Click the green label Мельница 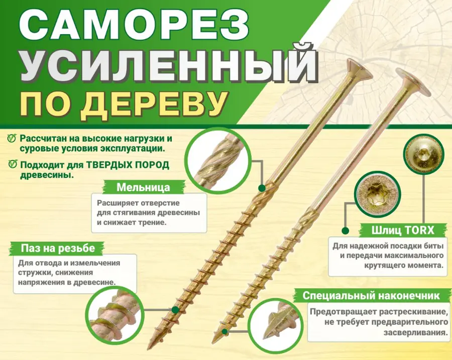point(143,187)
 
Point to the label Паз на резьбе point(58,248)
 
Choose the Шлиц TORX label point(403,230)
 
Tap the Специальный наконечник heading point(371,295)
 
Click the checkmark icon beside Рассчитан point(12,138)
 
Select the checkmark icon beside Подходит point(13,164)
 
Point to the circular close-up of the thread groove point(115,315)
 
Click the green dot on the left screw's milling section point(262,188)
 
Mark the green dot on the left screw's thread point(175,310)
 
